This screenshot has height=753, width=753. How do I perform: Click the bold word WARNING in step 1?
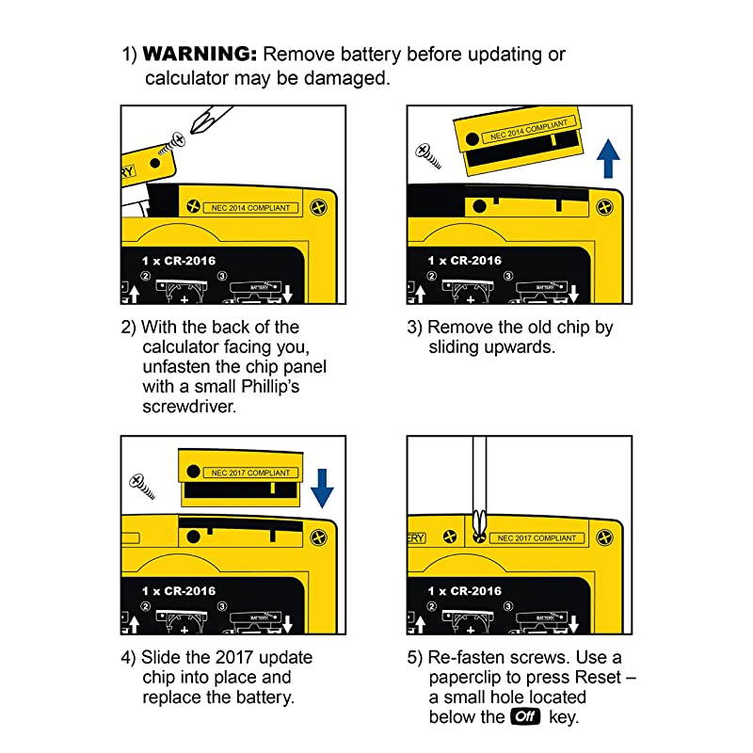[200, 54]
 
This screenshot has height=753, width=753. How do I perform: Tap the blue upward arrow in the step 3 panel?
[608, 158]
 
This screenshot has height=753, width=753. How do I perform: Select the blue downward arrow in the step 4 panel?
[322, 489]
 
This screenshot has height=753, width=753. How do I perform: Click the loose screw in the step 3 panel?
[428, 156]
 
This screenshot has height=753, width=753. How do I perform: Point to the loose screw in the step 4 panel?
[142, 487]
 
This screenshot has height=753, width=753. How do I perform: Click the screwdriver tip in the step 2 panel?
[196, 128]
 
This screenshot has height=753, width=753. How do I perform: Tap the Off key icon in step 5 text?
[526, 716]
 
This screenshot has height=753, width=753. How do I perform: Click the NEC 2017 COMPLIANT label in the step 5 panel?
[537, 538]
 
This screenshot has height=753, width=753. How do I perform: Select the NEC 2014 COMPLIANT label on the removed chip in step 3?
[528, 130]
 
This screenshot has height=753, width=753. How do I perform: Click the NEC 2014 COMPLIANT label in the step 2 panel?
[250, 208]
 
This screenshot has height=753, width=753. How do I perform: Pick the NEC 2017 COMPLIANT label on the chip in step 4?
[250, 473]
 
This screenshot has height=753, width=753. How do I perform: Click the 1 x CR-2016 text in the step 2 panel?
[179, 261]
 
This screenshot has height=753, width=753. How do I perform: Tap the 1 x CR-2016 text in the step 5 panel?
[464, 591]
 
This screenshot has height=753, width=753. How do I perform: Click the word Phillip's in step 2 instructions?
[270, 386]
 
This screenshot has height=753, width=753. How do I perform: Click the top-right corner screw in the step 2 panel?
[318, 207]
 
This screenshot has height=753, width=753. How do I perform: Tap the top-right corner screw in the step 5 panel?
[604, 537]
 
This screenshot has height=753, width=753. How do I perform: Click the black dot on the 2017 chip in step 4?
[193, 472]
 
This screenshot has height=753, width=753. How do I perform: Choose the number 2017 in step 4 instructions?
[233, 657]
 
